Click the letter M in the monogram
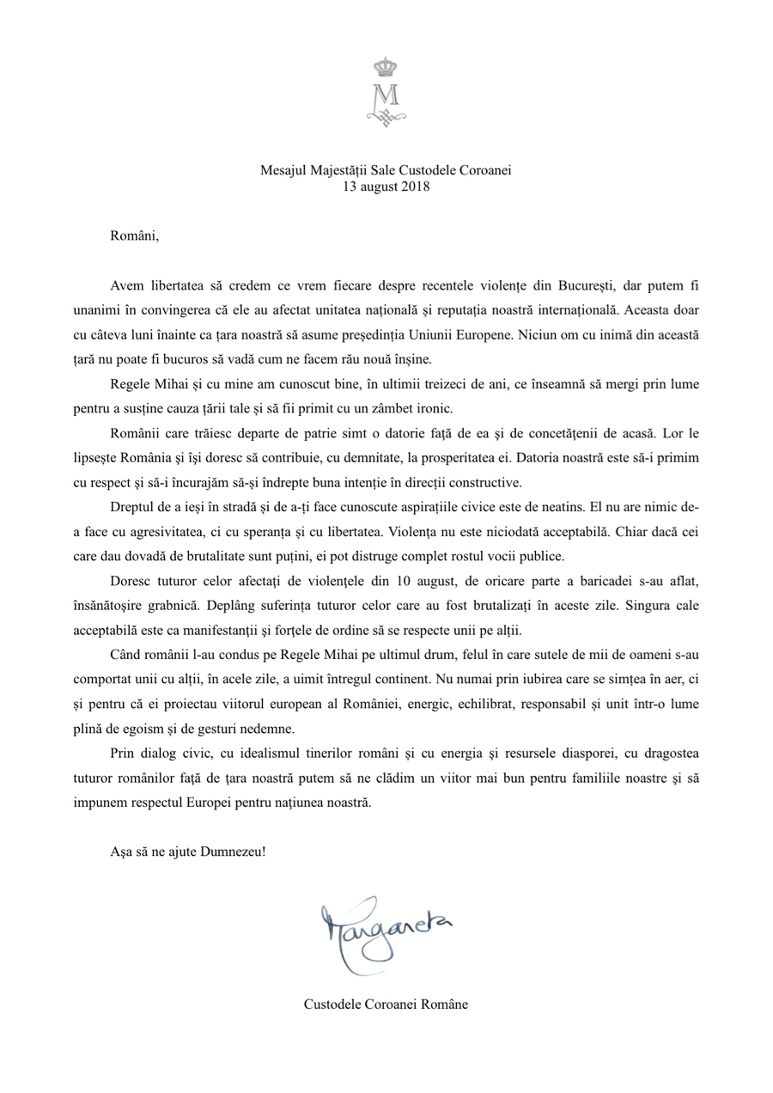pos(386,94)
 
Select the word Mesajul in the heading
pos(282,170)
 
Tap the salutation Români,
pos(135,235)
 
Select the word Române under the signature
pos(441,1004)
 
